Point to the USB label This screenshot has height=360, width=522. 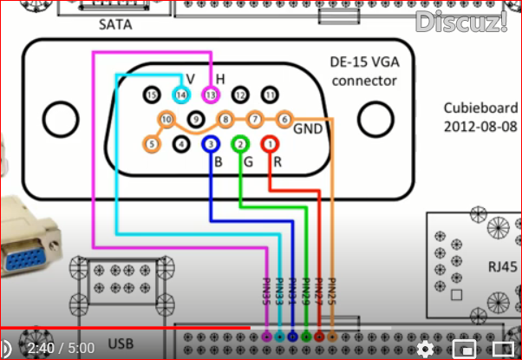pos(121,344)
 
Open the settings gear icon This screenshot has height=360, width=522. pos(425,348)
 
